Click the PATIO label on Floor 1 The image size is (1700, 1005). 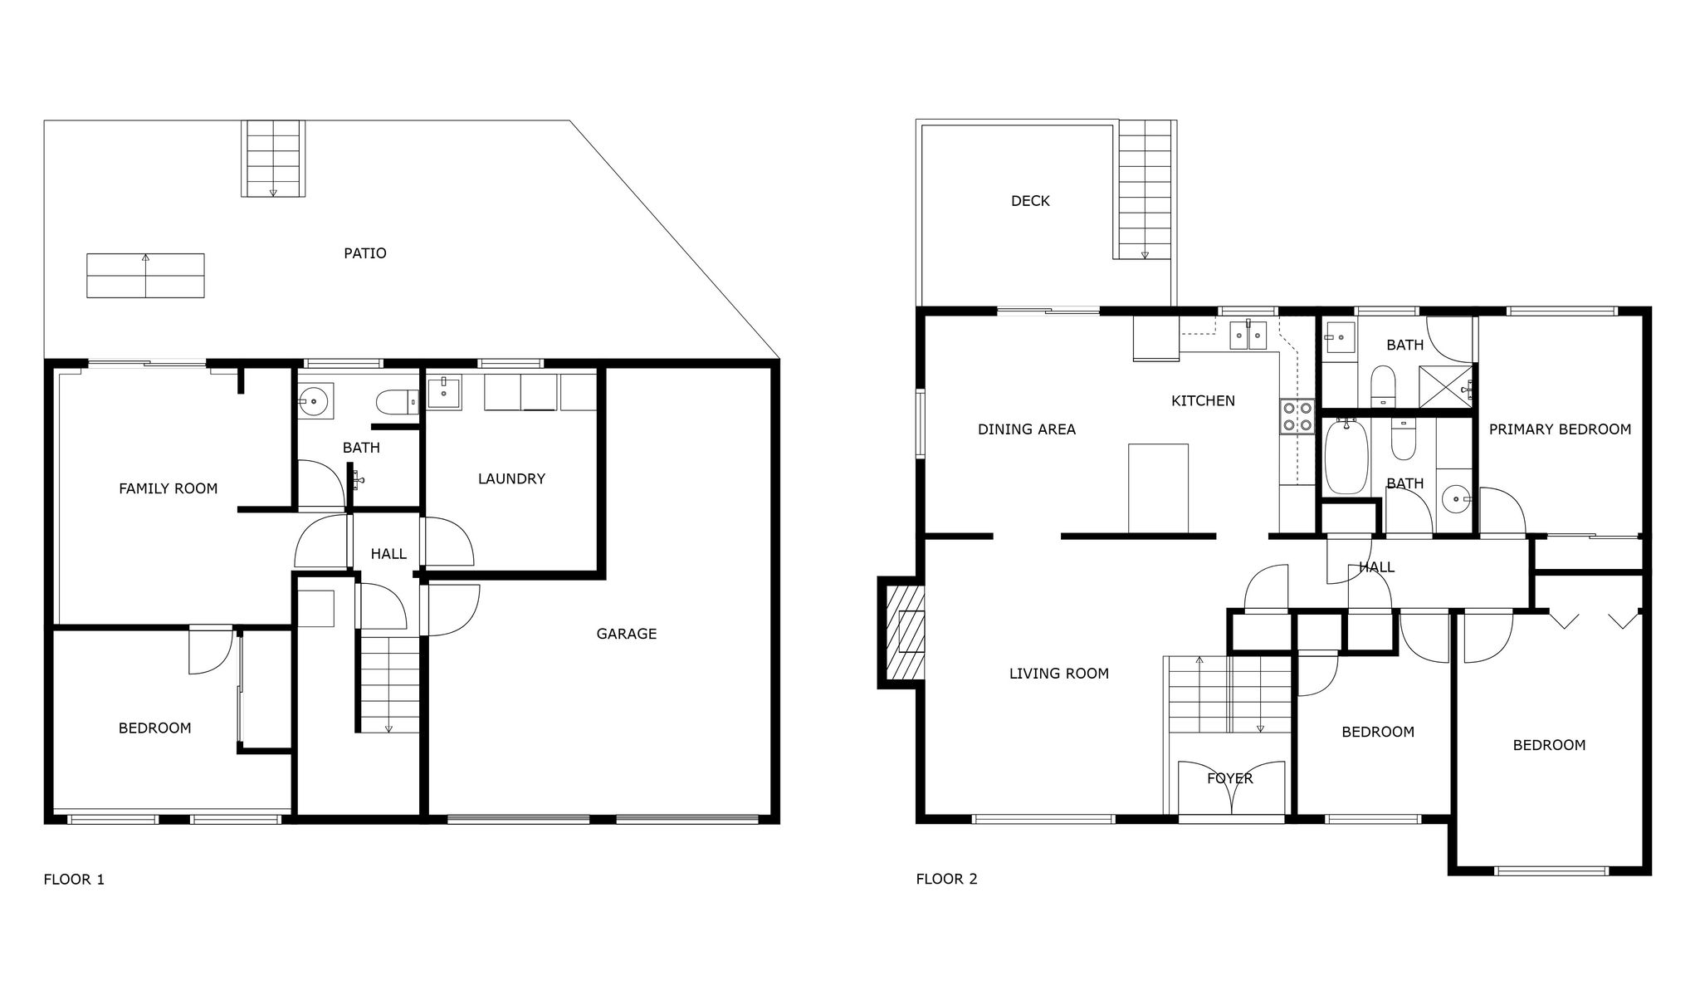coord(365,253)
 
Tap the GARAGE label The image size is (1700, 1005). coord(627,634)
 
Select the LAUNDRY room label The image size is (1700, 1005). coord(511,478)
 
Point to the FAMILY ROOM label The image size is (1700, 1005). coord(169,488)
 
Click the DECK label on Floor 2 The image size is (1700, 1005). coord(1030,201)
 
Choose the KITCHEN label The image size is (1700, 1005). coord(1203,401)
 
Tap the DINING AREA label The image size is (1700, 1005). coord(1027,429)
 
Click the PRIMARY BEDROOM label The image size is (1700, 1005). coord(1560,429)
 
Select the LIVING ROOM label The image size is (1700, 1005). coord(1059,674)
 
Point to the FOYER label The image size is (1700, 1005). coord(1230,778)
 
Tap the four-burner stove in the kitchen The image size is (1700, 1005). coord(1297,416)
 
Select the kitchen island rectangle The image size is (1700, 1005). coord(1158,488)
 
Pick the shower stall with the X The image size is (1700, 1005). coord(1446,386)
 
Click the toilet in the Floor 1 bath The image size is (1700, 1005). coord(397,403)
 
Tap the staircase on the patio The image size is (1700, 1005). coord(273,159)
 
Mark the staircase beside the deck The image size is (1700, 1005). coord(1145,189)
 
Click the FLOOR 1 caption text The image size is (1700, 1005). coord(74,880)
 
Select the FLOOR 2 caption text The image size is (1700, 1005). coord(946,880)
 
